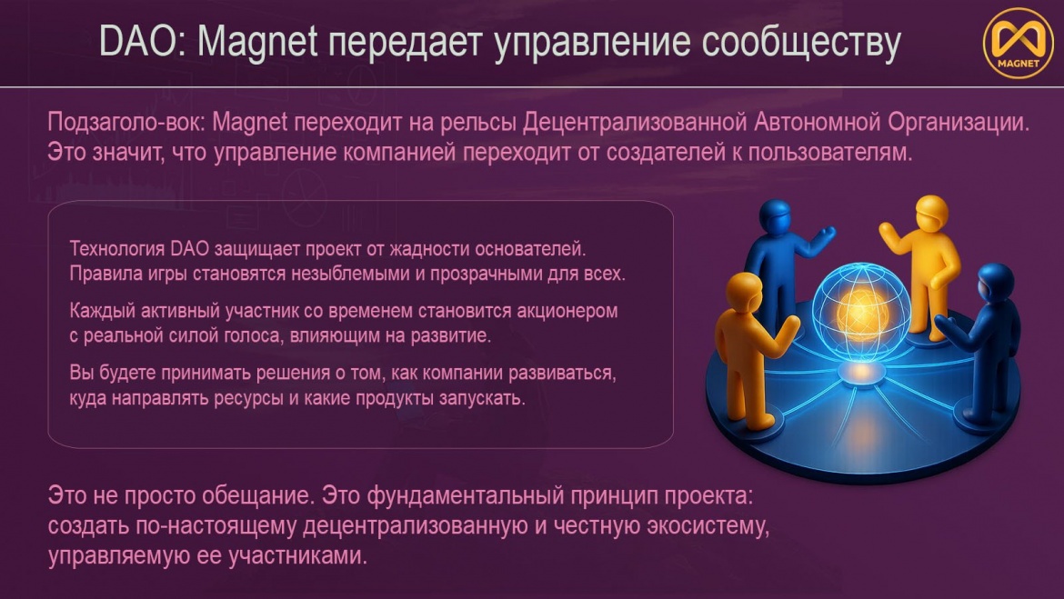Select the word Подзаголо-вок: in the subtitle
coord(126,123)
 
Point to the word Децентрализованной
coord(635,123)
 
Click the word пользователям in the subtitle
coord(830,152)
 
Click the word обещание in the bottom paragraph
coord(250,496)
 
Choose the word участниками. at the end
coord(298,555)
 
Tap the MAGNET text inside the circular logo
coord(1018,63)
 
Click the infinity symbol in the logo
coord(1018,39)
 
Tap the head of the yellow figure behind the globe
coord(931,213)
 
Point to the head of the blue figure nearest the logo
coord(995,281)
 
